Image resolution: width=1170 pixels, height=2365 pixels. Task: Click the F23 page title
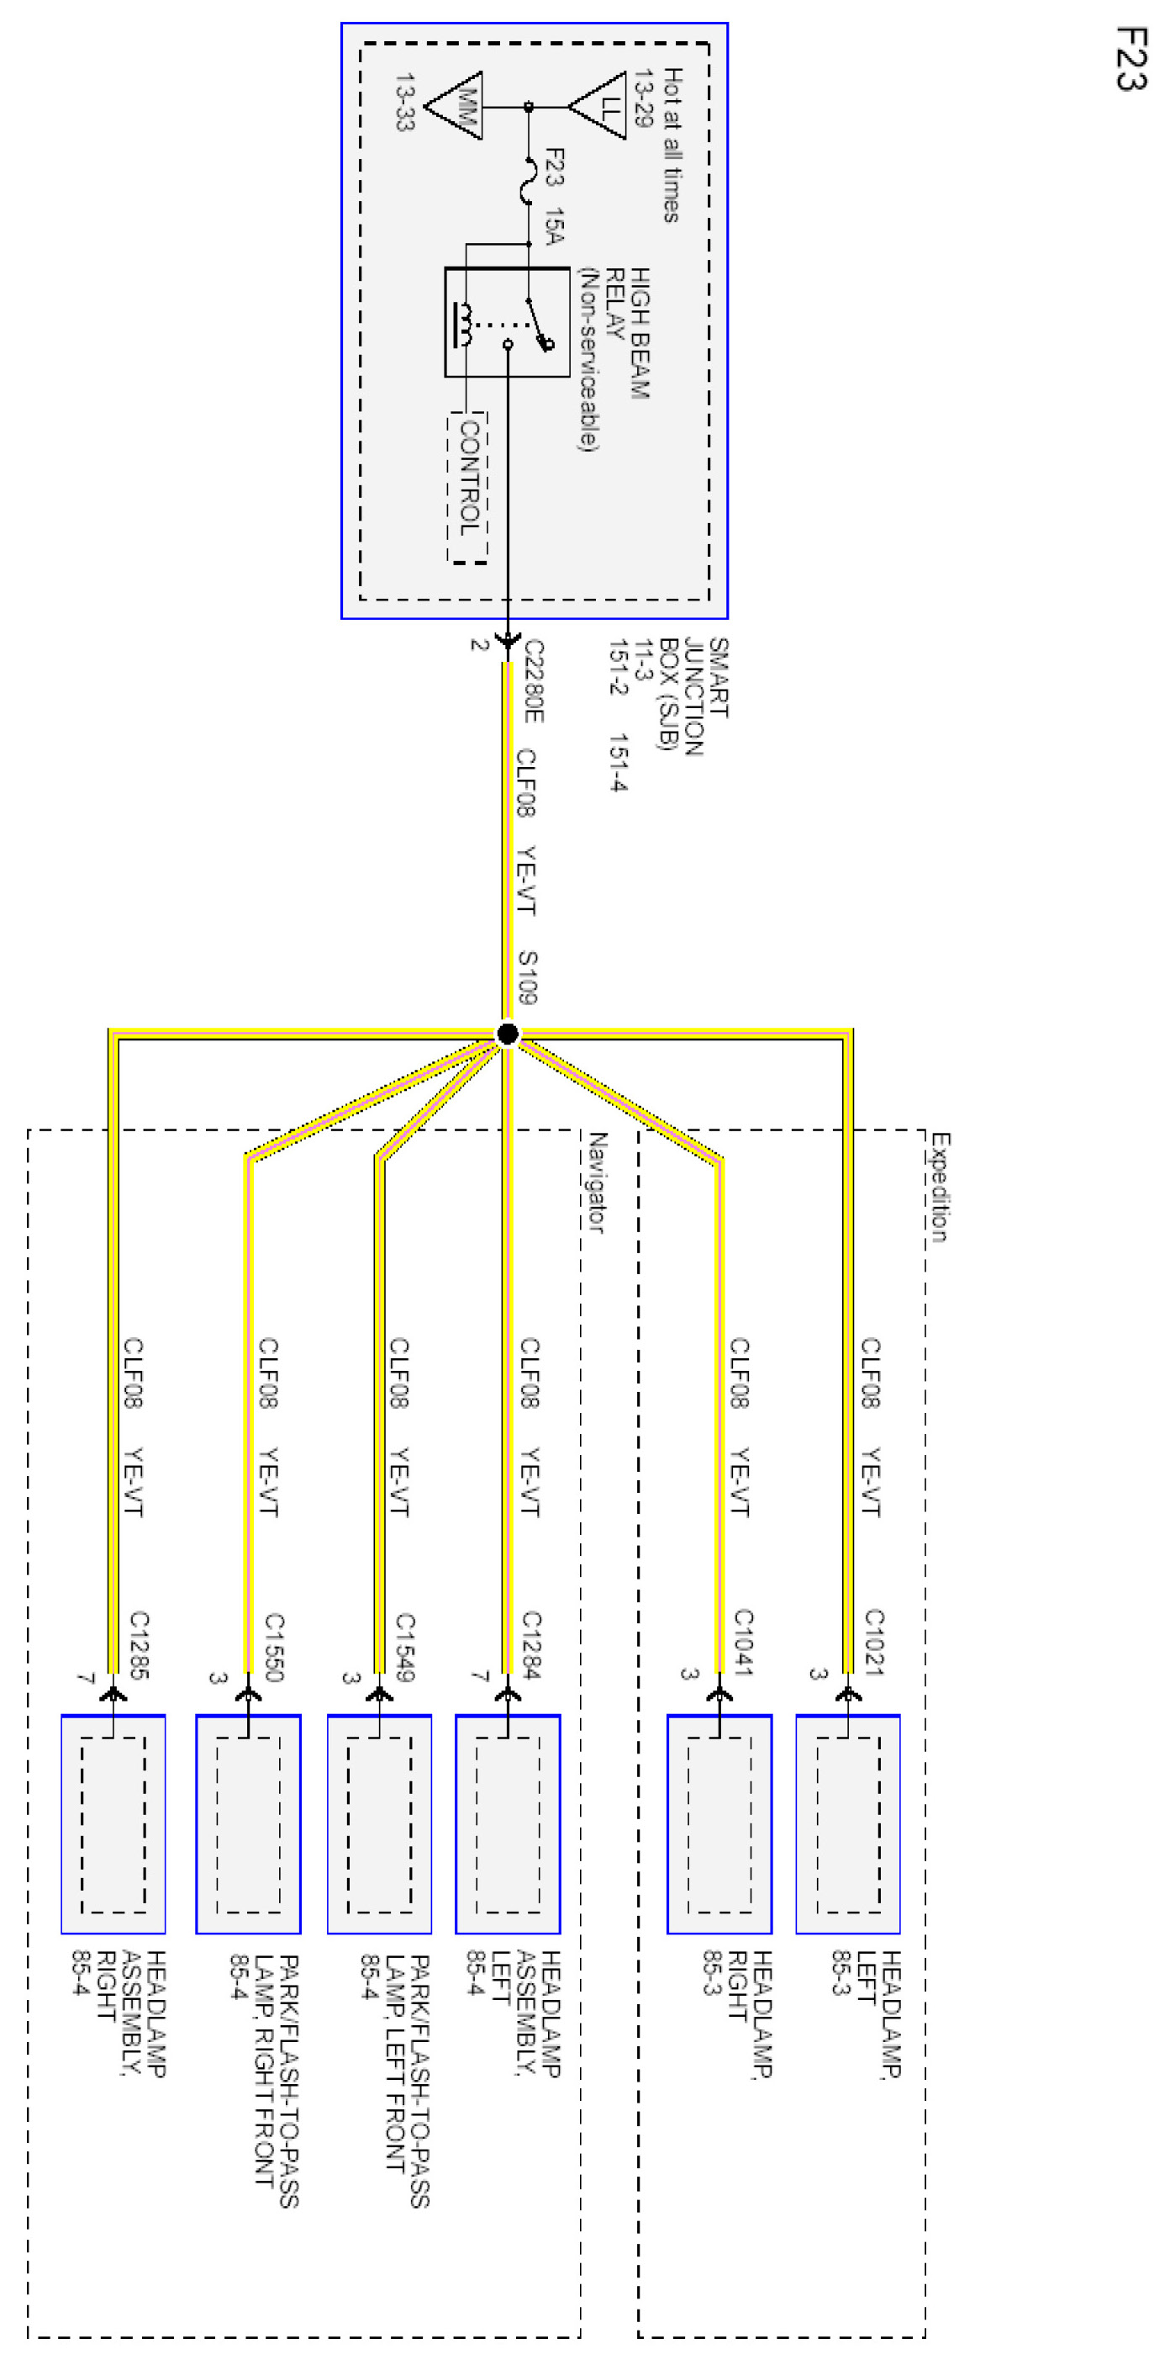click(x=1130, y=59)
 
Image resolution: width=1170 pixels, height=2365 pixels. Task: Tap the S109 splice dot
click(x=508, y=1034)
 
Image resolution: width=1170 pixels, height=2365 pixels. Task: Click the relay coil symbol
click(x=466, y=324)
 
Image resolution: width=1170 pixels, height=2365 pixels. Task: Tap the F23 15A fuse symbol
click(x=529, y=180)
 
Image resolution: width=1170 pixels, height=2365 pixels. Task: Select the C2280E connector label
click(x=533, y=680)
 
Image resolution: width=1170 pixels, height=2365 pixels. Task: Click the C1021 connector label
click(x=873, y=1643)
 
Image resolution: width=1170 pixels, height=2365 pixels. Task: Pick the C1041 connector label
click(x=743, y=1643)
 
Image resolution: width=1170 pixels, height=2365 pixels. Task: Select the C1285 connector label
click(x=139, y=1644)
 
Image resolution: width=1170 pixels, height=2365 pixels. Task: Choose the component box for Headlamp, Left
click(x=848, y=1823)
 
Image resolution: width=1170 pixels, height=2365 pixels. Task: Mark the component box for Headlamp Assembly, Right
click(x=113, y=1823)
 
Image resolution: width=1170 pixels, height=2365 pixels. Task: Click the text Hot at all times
click(x=672, y=144)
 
